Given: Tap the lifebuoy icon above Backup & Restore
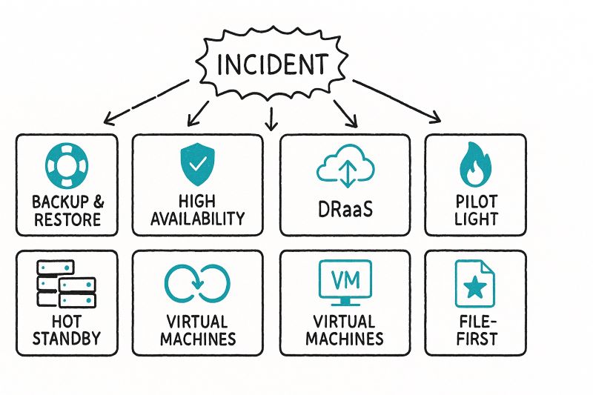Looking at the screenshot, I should pyautogui.click(x=66, y=165).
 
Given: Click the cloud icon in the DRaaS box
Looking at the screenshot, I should pyautogui.click(x=345, y=167).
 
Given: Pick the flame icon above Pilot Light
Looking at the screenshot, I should pyautogui.click(x=474, y=165).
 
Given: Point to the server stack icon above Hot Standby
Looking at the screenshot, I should pyautogui.click(x=66, y=285).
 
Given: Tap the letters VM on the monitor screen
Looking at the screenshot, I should pyautogui.click(x=344, y=280).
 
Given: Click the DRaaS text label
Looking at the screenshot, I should pyautogui.click(x=345, y=210).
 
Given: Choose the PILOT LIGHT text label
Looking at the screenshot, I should pyautogui.click(x=474, y=210).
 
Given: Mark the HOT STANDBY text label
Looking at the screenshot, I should pyautogui.click(x=66, y=332).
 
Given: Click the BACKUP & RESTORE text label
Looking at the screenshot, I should pyautogui.click(x=66, y=210).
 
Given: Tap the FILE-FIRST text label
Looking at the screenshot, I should pyautogui.click(x=474, y=332).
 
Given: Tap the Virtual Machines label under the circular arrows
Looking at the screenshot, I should pyautogui.click(x=196, y=331).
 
